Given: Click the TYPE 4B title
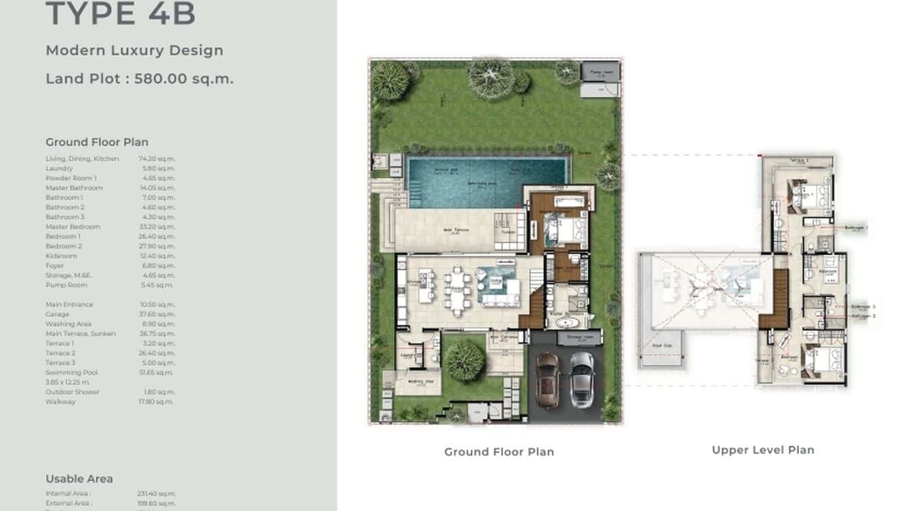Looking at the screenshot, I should pos(120,14).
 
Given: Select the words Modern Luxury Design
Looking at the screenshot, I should pos(134,50).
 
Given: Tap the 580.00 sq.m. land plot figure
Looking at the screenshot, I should pos(184,79).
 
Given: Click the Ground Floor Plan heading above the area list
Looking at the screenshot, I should pos(97,142).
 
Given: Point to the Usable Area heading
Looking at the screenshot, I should pos(79,478).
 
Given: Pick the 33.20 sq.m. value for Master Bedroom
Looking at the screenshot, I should pos(157,227).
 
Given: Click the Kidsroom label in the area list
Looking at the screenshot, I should pos(61,256).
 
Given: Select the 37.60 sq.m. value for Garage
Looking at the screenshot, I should pos(157,314).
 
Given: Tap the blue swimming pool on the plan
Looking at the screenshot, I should pos(486,182).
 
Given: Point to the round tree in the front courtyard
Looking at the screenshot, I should pos(464,361).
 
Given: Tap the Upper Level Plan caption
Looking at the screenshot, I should pos(763,450).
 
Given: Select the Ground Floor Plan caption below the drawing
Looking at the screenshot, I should pos(499,452).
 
